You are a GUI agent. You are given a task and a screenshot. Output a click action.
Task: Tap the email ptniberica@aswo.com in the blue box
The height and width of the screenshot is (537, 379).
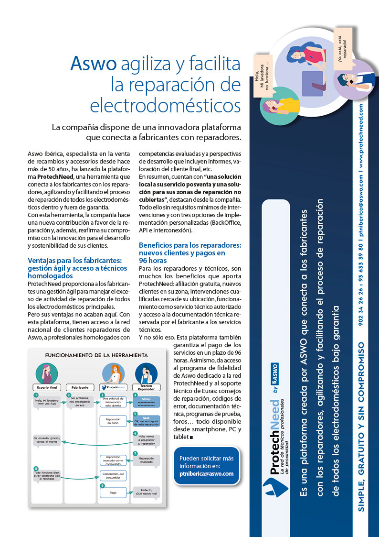tap(206, 474)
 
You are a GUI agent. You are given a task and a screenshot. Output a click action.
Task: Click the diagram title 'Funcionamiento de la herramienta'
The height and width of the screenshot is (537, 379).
tap(96, 355)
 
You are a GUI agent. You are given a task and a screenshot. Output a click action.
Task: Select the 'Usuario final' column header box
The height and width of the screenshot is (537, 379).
tap(47, 387)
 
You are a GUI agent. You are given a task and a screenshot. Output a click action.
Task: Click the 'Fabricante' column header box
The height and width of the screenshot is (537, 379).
tap(80, 387)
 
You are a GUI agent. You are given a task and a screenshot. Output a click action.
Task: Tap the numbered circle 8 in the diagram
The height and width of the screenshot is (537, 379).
tap(36, 468)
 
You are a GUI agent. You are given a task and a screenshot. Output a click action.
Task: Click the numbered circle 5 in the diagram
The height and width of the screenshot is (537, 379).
tap(136, 414)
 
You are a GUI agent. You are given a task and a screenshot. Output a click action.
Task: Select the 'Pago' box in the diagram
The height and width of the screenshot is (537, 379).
tap(113, 492)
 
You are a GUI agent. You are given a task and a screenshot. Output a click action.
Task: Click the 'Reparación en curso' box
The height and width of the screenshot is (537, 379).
tap(113, 420)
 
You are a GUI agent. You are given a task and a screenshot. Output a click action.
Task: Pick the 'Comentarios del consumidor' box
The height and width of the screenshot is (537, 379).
tap(113, 475)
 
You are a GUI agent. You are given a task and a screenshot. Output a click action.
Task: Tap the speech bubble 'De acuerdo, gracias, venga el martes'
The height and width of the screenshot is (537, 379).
tap(47, 440)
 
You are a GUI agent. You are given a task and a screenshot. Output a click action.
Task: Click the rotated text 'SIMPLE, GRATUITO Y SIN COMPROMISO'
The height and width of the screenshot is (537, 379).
tap(361, 426)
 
